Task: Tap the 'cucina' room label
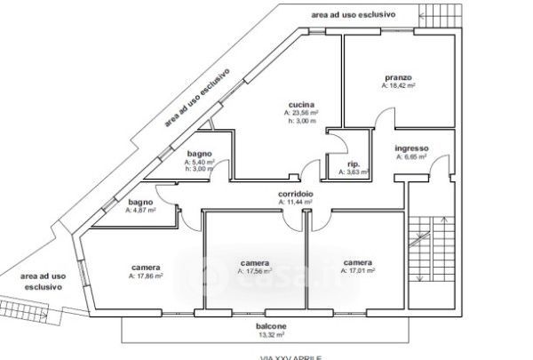[x=302, y=104]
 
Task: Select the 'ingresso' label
[x=411, y=148]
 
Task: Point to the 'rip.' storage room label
[x=353, y=164]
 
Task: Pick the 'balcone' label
[x=272, y=327]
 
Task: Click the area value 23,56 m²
[x=302, y=113]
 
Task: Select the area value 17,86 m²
[x=145, y=276]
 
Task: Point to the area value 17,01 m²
[x=358, y=271]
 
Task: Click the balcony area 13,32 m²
[x=272, y=336]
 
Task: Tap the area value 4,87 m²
[x=140, y=211]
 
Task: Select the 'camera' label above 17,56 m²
[x=254, y=263]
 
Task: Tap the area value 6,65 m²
[x=410, y=156]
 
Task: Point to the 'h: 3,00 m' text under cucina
[x=302, y=121]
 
